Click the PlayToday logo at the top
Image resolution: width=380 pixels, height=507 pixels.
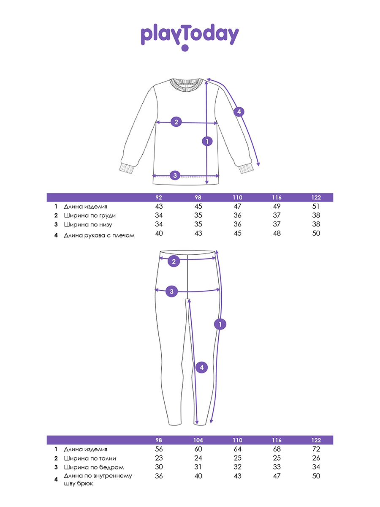click(x=190, y=37)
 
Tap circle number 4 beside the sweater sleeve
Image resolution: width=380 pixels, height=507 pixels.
click(x=239, y=112)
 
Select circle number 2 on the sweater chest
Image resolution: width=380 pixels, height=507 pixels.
click(x=176, y=122)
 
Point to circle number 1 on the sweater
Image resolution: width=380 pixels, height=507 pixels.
click(x=207, y=142)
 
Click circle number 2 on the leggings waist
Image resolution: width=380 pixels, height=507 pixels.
click(x=174, y=261)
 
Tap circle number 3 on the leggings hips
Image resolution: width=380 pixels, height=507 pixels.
click(x=171, y=291)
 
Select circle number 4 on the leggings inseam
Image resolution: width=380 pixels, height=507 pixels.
click(x=202, y=368)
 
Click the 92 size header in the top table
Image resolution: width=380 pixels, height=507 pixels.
click(x=159, y=197)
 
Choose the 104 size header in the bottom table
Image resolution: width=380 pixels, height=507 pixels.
click(x=198, y=440)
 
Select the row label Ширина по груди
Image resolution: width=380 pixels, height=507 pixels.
click(x=90, y=215)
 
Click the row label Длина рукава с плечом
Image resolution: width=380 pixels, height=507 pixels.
click(x=99, y=235)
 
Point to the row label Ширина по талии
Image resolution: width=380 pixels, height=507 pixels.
click(x=90, y=458)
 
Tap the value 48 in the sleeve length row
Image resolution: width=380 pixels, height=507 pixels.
click(x=277, y=233)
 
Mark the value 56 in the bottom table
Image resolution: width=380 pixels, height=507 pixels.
click(x=159, y=449)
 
